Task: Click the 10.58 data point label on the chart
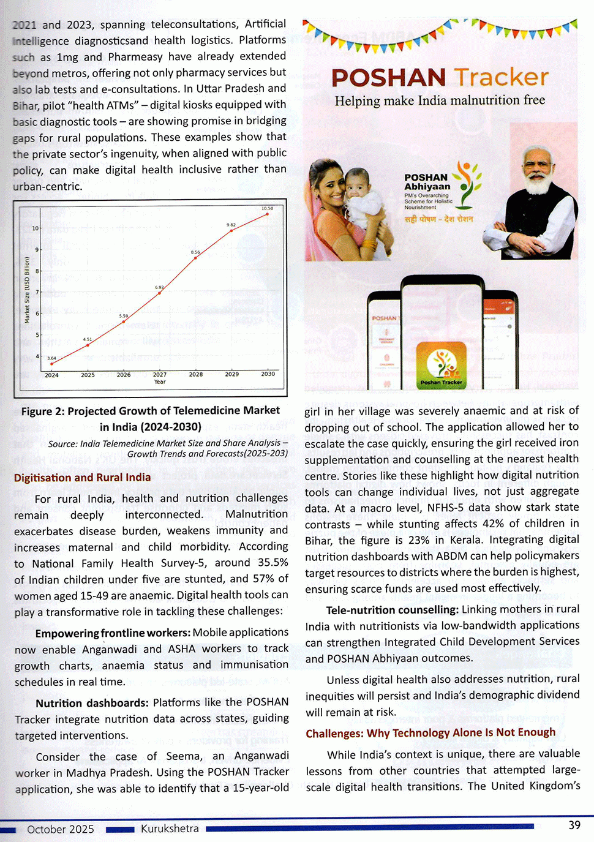pyautogui.click(x=267, y=209)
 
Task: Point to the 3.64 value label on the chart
pyautogui.click(x=51, y=358)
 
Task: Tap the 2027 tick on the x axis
pyautogui.click(x=160, y=374)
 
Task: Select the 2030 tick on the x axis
pyautogui.click(x=268, y=374)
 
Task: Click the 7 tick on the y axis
pyautogui.click(x=37, y=292)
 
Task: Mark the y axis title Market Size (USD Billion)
pyautogui.click(x=27, y=290)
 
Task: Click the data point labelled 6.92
pyautogui.click(x=160, y=293)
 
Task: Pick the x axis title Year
pyautogui.click(x=160, y=382)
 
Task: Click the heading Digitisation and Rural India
pyautogui.click(x=82, y=478)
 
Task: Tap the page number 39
pyautogui.click(x=574, y=825)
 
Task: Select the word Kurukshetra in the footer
pyautogui.click(x=170, y=829)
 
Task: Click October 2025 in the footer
pyautogui.click(x=61, y=829)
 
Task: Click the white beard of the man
pyautogui.click(x=538, y=182)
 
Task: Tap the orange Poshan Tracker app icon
pyautogui.click(x=441, y=366)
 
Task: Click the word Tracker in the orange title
pyautogui.click(x=501, y=78)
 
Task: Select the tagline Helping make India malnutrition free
pyautogui.click(x=440, y=100)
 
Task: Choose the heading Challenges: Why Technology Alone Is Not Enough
pyautogui.click(x=430, y=733)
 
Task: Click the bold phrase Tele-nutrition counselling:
pyautogui.click(x=392, y=610)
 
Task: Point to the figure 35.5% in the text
pyautogui.click(x=273, y=563)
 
